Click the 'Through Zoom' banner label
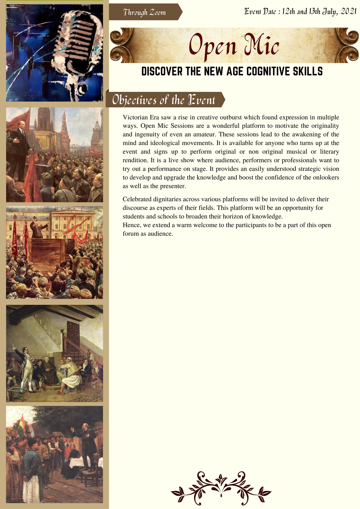[x=144, y=12]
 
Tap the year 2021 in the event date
[x=348, y=12]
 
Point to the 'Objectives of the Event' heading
[x=163, y=100]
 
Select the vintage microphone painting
[x=55, y=53]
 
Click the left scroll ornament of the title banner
[x=121, y=45]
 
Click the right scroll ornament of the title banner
[x=346, y=45]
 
